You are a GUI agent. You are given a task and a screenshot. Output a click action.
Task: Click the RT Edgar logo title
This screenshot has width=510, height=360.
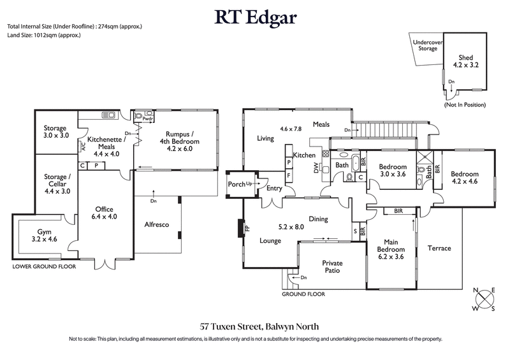[x=255, y=17]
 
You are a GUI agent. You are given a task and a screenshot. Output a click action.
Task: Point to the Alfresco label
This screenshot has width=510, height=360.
[x=156, y=224]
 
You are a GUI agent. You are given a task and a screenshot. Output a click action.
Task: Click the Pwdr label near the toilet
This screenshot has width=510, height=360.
[x=148, y=119]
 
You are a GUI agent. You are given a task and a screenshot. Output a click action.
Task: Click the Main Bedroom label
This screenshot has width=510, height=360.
[x=391, y=249]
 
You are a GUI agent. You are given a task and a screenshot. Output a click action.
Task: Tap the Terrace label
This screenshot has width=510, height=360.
[x=439, y=248]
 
